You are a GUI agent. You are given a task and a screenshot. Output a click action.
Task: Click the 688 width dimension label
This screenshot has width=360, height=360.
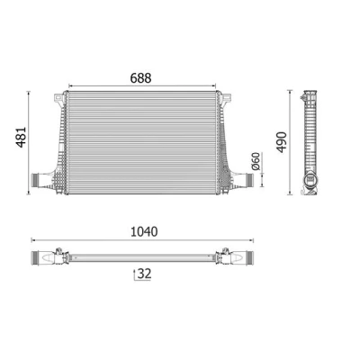[x=140, y=78]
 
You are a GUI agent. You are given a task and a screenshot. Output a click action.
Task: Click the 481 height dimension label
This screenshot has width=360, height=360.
[x=22, y=137]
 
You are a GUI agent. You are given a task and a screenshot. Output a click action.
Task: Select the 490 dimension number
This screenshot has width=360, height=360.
[x=282, y=142]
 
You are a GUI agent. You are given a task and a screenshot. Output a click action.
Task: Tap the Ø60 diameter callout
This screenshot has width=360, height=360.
[x=256, y=162]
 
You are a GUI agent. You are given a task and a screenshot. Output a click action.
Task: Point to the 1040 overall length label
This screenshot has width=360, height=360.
[x=144, y=231]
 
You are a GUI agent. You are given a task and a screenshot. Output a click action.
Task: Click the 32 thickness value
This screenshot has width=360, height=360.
[x=144, y=274]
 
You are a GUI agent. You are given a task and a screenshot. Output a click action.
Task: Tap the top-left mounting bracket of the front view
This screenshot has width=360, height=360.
[x=58, y=99]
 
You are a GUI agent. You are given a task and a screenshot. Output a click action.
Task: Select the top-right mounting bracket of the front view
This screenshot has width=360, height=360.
[x=226, y=99]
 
